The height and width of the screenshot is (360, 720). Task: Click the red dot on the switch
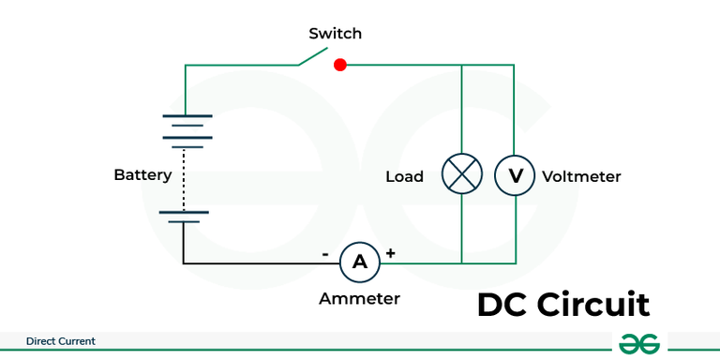pos(340,65)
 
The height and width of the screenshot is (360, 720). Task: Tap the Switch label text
pos(335,34)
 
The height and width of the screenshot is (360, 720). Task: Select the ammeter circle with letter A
pos(359,262)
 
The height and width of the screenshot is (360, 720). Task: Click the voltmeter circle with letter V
pos(514,175)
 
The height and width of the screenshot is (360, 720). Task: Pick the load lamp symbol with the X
pos(461,175)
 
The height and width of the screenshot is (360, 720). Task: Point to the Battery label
pos(142,175)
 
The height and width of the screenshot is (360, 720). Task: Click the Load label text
pos(404,176)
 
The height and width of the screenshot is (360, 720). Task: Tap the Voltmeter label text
pos(581,176)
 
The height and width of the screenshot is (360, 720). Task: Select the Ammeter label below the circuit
pos(359,299)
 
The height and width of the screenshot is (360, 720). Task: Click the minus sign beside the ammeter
pos(325,254)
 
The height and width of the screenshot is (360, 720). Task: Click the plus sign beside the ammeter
pos(391,253)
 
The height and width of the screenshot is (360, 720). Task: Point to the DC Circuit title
pos(562,306)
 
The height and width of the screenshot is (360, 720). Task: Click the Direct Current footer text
pos(61,341)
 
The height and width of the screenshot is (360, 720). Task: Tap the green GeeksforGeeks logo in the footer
pos(639,344)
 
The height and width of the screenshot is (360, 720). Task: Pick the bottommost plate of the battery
pos(184,223)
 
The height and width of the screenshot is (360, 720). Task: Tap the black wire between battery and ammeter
pos(253,263)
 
